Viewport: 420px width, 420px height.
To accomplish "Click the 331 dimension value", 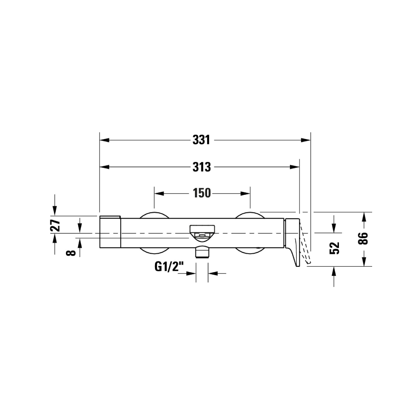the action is pyautogui.click(x=201, y=140).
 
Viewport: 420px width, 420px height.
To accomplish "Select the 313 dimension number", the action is pyautogui.click(x=202, y=167).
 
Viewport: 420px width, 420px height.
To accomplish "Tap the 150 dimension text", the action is pyautogui.click(x=202, y=193).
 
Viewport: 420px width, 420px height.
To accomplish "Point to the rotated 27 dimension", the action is pyautogui.click(x=55, y=225).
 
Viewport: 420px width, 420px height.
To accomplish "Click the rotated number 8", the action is pyautogui.click(x=71, y=252).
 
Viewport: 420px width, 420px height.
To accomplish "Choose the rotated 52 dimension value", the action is pyautogui.click(x=334, y=248).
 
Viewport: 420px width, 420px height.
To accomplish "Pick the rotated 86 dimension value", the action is pyautogui.click(x=363, y=239).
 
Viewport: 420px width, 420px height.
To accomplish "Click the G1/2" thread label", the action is pyautogui.click(x=169, y=267).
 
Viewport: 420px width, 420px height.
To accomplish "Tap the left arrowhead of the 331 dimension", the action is pyautogui.click(x=105, y=140).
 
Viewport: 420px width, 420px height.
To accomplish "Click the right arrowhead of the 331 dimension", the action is pyautogui.click(x=306, y=140).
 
